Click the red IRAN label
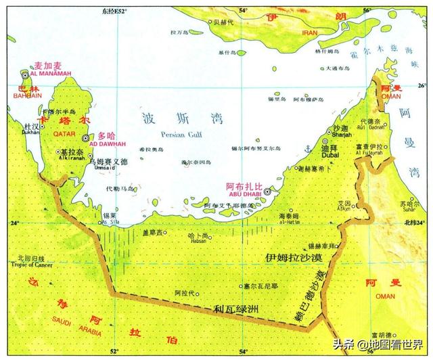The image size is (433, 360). coord(309,32)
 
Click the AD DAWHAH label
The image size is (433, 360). coord(107,144)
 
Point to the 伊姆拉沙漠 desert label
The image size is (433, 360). coord(292,258)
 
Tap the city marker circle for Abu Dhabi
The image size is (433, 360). coord(268,192)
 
